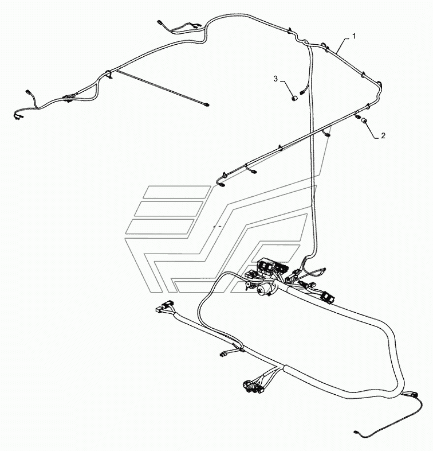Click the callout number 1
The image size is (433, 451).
coord(354,36)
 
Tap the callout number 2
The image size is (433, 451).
coord(383,135)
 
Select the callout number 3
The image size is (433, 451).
coord(275,79)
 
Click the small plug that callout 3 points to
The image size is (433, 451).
coord(294,98)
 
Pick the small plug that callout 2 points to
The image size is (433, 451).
coord(365,120)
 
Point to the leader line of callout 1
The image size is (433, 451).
coord(343,45)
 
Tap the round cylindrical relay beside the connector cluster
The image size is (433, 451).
coord(263,289)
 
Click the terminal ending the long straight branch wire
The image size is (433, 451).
coord(207,104)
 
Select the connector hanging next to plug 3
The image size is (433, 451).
coord(302,92)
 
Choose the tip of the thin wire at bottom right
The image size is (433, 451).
coord(356,431)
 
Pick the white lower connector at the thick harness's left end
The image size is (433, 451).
coord(159,310)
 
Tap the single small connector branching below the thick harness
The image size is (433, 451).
coord(224,353)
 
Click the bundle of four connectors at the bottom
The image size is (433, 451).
coord(253,386)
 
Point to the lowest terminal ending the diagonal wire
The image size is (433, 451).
coord(222,185)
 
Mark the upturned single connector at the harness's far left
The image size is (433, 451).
coord(28,92)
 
